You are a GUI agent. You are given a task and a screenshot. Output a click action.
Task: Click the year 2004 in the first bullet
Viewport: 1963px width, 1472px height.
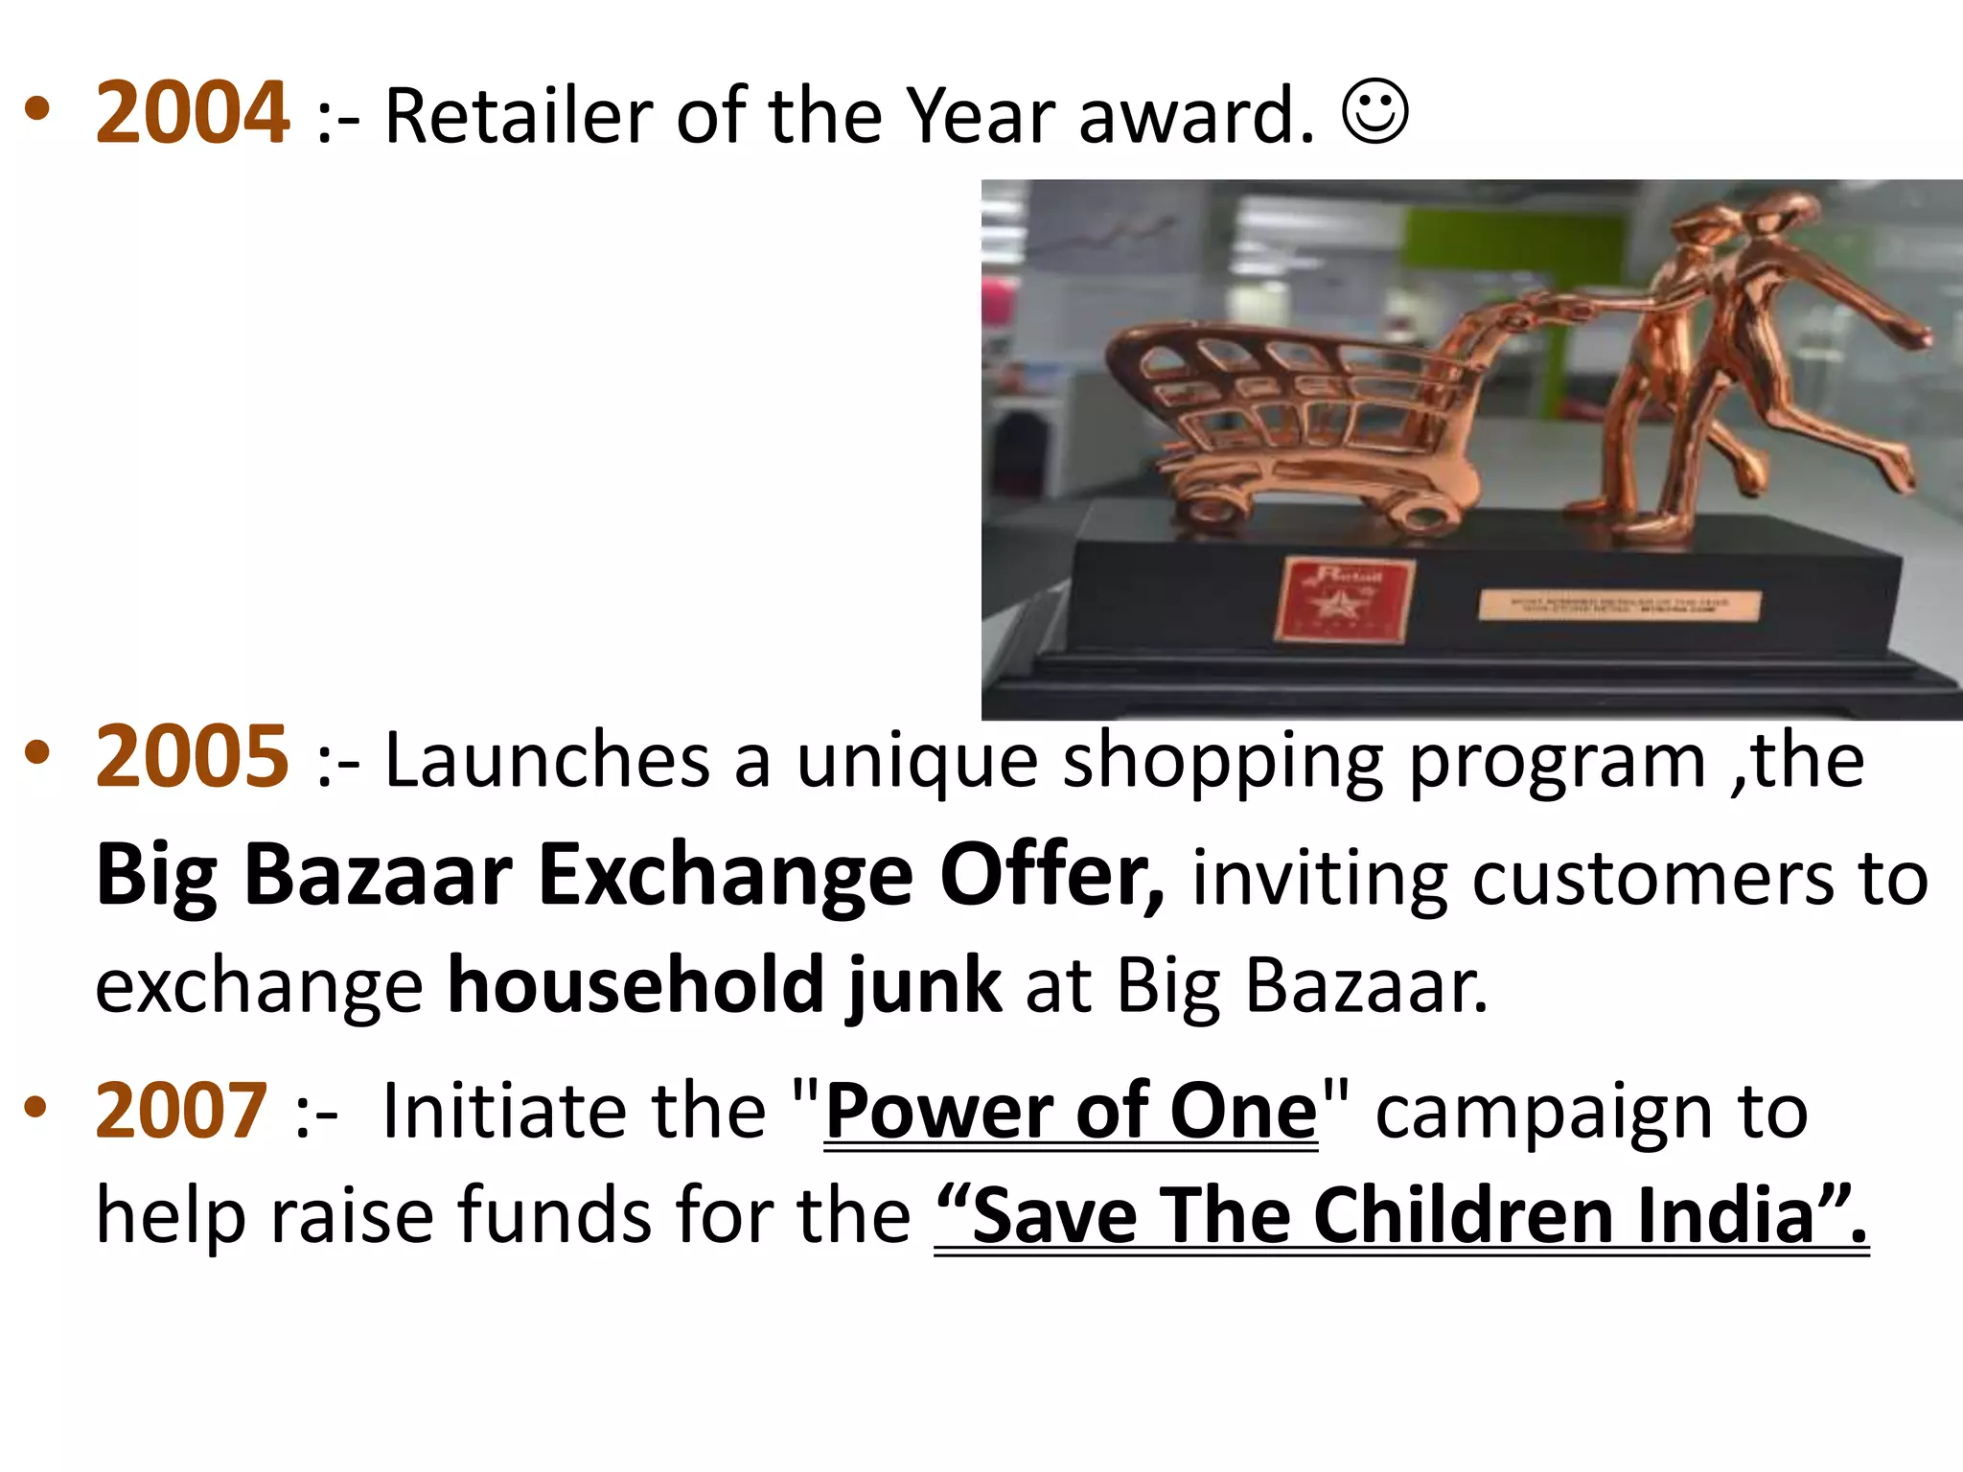tap(192, 113)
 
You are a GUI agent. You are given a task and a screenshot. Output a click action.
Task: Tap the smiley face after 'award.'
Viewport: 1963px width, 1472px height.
tap(1375, 112)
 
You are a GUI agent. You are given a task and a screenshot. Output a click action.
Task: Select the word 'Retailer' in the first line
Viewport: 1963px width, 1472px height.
tap(518, 116)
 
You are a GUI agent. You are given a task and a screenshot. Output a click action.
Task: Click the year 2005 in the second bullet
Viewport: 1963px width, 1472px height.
tap(192, 757)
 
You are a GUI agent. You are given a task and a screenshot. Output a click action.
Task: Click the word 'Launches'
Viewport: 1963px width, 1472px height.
tap(547, 760)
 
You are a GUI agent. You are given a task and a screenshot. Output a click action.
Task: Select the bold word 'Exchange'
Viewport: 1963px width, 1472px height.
tap(725, 876)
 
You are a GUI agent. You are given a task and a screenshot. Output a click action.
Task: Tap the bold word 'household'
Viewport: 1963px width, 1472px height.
tap(635, 985)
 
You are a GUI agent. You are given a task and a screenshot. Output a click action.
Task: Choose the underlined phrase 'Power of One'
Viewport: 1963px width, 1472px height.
tap(1071, 1112)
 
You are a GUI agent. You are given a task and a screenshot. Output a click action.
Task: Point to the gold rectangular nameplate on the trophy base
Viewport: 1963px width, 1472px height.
tap(1619, 606)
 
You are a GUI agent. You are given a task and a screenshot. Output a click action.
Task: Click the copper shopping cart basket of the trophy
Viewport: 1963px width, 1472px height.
tap(1284, 393)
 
